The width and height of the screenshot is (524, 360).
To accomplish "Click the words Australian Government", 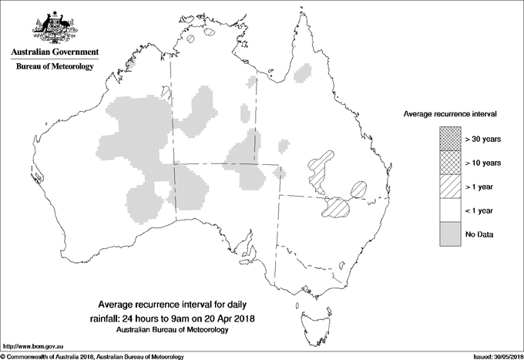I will (x=54, y=52).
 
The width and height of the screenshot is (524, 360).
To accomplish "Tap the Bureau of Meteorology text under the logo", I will (x=54, y=66).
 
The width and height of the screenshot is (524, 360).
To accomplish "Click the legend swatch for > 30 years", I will (x=450, y=139).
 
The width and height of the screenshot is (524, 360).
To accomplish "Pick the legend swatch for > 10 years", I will (x=450, y=163).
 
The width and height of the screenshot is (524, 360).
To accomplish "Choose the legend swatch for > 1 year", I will (x=450, y=187).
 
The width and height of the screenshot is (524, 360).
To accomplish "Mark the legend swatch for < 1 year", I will (x=450, y=210).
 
